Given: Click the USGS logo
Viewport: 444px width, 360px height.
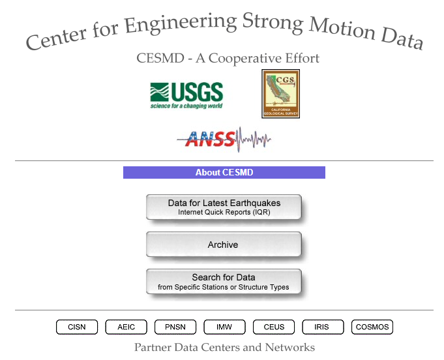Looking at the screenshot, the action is (x=186, y=95).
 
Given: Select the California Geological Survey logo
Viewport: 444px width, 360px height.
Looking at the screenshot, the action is (x=280, y=94).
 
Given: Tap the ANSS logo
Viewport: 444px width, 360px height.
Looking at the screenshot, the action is (x=224, y=140).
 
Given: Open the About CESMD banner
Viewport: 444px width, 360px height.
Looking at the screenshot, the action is (x=224, y=172).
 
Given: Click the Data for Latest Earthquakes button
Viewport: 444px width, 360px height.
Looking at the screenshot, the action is (x=224, y=207).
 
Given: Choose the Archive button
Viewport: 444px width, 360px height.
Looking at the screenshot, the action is (x=224, y=245).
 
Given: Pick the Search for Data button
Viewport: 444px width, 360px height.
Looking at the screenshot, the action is (x=224, y=282).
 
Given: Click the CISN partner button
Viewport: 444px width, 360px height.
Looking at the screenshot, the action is (x=77, y=327).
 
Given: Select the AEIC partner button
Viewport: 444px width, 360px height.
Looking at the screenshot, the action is (x=126, y=327).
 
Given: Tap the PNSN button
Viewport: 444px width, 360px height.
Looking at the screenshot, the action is (x=175, y=327).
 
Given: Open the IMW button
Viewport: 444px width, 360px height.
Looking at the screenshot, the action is (x=224, y=327).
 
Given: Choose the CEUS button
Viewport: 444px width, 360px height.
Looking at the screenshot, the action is (x=274, y=327).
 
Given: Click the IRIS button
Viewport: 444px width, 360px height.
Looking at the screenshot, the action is (x=323, y=327).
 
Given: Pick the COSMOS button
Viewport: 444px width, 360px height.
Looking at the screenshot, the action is (x=372, y=327).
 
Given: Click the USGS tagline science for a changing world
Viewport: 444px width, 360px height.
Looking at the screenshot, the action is (x=186, y=106).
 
